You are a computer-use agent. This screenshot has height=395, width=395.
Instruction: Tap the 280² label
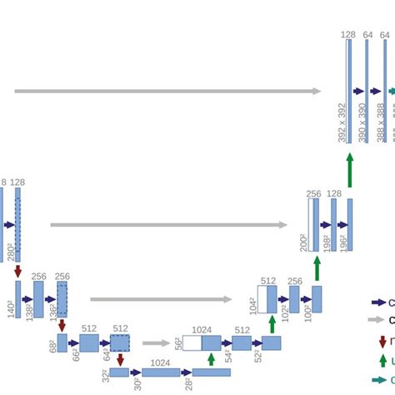(10, 250)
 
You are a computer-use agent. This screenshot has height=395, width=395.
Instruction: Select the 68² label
(53, 343)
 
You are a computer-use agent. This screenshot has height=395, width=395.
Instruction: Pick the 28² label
(190, 382)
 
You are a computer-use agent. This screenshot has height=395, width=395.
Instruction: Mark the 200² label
(303, 242)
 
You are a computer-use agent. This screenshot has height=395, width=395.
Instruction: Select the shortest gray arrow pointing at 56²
(156, 342)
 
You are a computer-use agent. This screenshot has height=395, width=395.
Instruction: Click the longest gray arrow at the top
(167, 91)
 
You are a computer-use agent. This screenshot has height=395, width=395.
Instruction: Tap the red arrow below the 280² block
(17, 271)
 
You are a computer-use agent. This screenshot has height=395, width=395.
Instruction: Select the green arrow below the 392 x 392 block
(350, 170)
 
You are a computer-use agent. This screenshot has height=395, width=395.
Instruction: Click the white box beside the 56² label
(192, 342)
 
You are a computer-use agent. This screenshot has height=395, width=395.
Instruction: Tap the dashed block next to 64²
(119, 342)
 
